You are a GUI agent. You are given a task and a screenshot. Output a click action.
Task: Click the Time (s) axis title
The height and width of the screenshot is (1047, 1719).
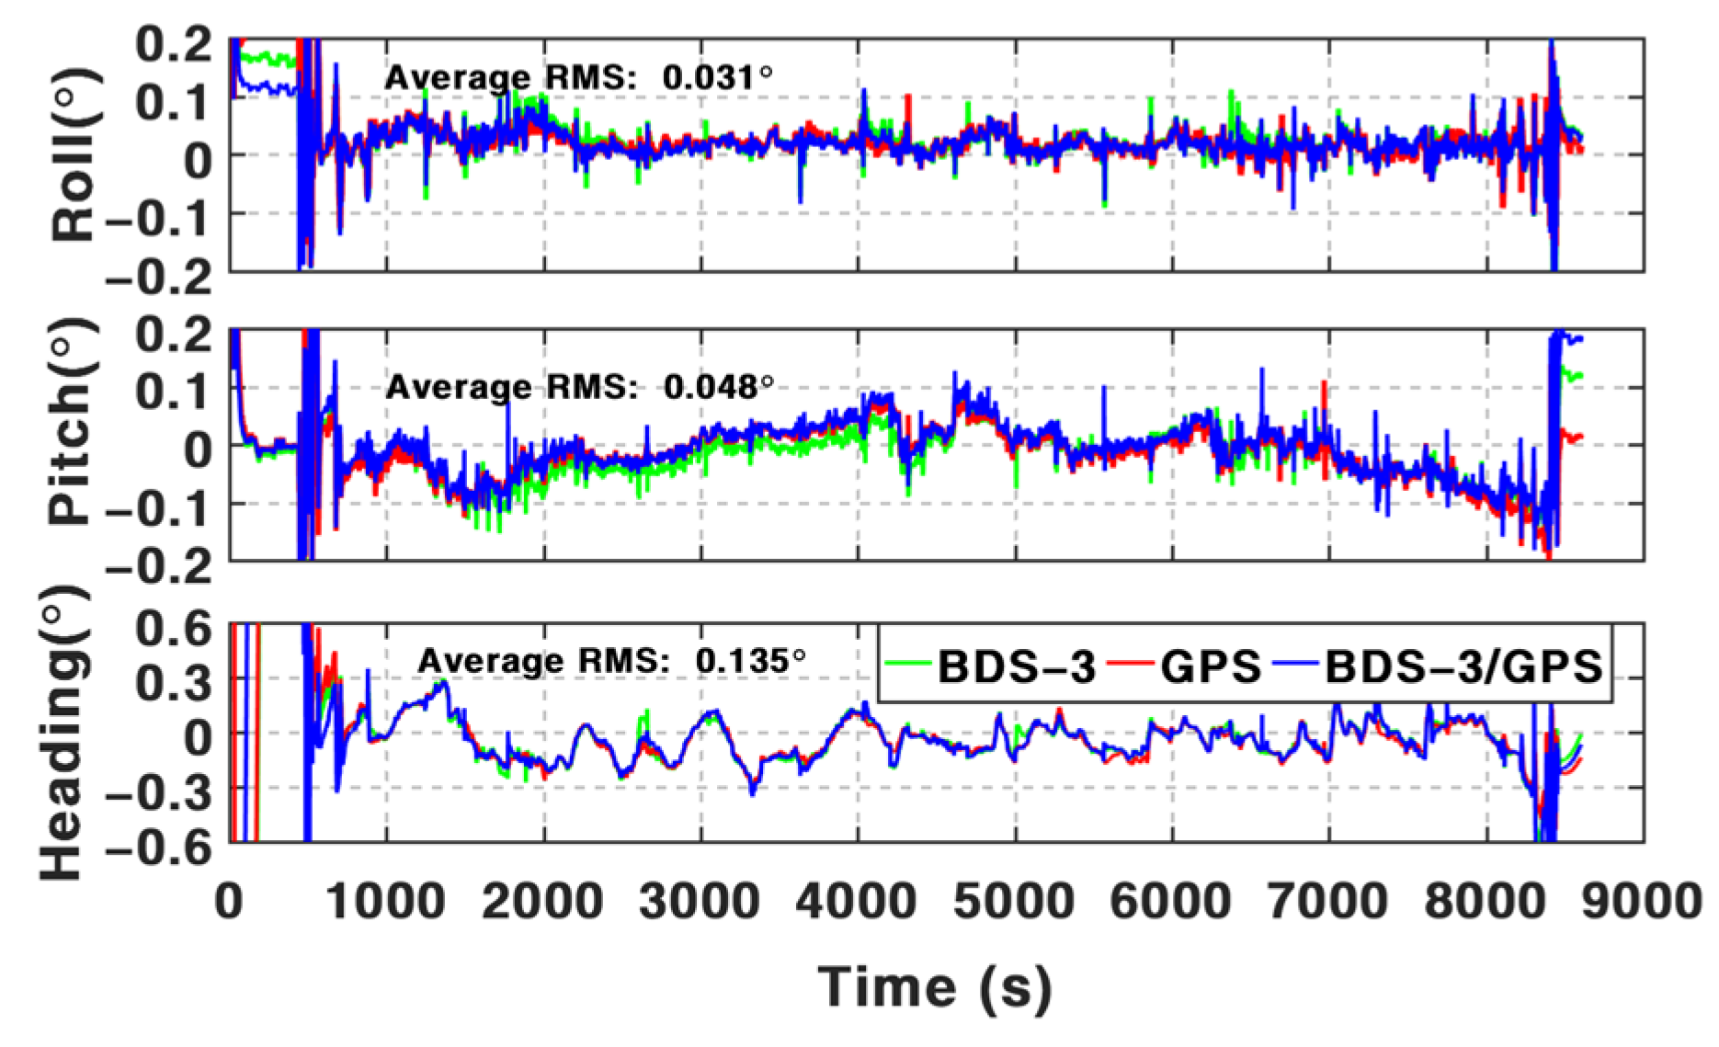pyautogui.click(x=935, y=987)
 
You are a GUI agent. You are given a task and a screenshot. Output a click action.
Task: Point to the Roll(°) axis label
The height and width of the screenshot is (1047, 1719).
pyautogui.click(x=74, y=154)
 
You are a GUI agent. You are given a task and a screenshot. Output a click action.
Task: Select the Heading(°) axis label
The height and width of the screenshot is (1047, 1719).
pyautogui.click(x=64, y=732)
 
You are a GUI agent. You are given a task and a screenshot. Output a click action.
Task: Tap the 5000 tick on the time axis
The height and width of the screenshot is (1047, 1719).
pyautogui.click(x=1015, y=902)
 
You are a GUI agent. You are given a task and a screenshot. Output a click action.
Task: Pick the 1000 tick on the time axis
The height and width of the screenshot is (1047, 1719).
pyautogui.click(x=386, y=902)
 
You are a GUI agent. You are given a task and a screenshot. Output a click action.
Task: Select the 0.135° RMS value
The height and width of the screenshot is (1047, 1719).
pyautogui.click(x=750, y=660)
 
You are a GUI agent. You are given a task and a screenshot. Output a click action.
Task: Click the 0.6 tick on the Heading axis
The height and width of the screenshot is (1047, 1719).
pyautogui.click(x=175, y=631)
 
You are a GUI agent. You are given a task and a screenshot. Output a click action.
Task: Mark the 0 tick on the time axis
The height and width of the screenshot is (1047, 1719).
pyautogui.click(x=229, y=902)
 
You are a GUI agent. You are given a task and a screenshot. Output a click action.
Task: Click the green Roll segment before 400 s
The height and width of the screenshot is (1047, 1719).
pyautogui.click(x=267, y=60)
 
